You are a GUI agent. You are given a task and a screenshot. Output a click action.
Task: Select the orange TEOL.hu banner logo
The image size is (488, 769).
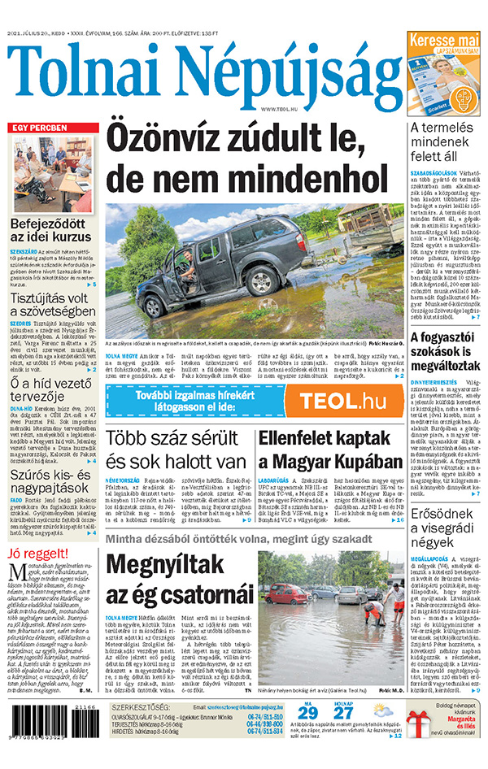[342, 400]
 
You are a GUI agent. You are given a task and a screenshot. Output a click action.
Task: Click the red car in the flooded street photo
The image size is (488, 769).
[287, 593]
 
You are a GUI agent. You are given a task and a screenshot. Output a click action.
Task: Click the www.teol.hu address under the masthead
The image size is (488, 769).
[280, 109]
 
